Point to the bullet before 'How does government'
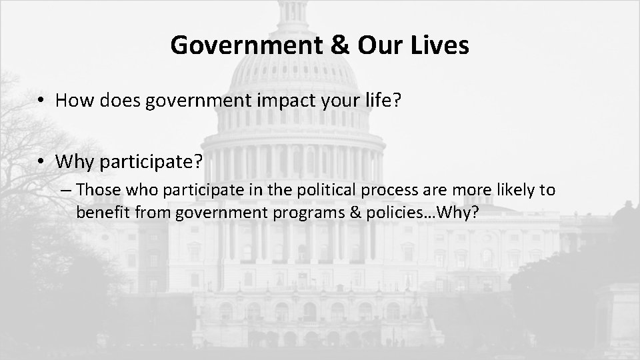(41, 101)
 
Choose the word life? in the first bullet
(384, 101)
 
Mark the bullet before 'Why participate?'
(41, 162)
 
